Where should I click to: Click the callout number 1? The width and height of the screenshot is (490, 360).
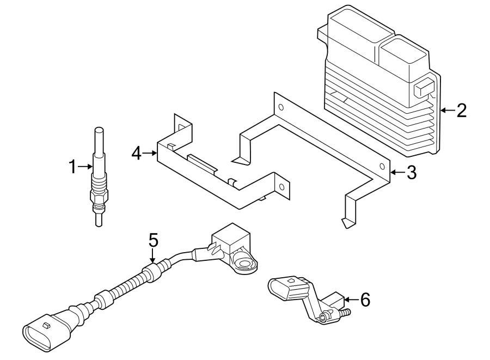coord(73,167)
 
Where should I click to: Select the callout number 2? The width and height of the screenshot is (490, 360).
coord(462,111)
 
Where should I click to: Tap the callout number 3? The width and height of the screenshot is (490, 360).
coord(411,173)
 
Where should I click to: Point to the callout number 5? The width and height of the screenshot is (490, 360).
coord(153,239)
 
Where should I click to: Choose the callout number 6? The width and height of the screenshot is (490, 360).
coord(365,299)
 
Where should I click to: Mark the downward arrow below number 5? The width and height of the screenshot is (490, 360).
coord(153,256)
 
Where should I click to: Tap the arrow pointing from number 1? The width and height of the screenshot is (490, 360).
coord(86,167)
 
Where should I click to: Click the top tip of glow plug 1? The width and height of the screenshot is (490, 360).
coord(99,130)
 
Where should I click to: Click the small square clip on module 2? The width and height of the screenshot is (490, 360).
coord(423,89)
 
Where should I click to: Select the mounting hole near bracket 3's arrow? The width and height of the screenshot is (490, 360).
coord(382,167)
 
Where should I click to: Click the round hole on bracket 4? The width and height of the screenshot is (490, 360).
coord(281,187)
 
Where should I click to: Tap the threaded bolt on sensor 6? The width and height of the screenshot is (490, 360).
coord(344,313)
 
